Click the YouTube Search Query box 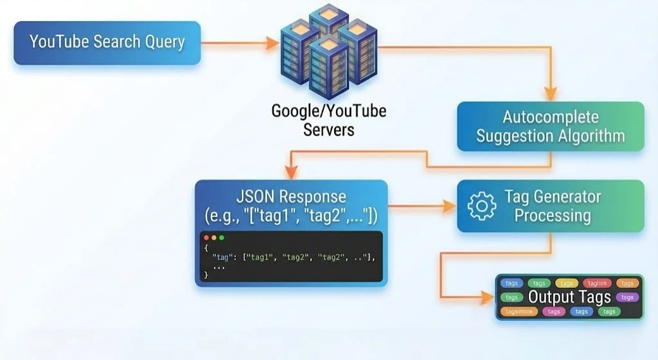(x=107, y=43)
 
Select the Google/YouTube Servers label (x=328, y=120)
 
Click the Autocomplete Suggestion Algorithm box (x=550, y=127)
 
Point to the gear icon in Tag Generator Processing (x=481, y=206)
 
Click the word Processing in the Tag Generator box (x=553, y=215)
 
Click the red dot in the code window (x=206, y=238)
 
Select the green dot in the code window (x=222, y=238)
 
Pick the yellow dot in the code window (x=214, y=238)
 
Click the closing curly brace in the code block (x=206, y=274)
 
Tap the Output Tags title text (x=569, y=297)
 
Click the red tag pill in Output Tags (x=597, y=283)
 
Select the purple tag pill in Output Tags (x=627, y=297)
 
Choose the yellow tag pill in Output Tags (x=567, y=283)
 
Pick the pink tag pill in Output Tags (x=553, y=312)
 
